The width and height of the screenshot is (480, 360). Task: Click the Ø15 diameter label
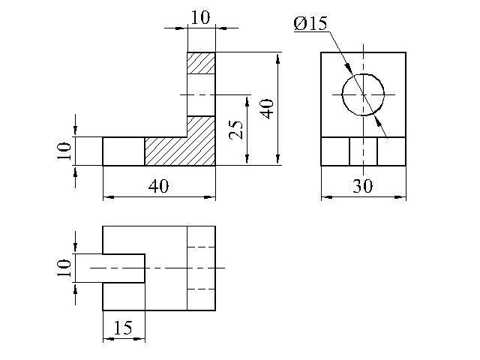pos(310,23)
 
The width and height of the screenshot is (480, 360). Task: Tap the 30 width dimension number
pos(363,185)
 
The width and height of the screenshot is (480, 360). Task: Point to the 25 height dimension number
pos(235,130)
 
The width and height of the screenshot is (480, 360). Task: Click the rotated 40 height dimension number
pos(267,109)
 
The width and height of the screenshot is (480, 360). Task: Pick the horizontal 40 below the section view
pos(158,186)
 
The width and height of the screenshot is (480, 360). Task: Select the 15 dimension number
pos(123,328)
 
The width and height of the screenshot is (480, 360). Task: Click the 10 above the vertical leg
pos(200,17)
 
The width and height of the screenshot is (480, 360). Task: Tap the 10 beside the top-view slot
pos(64,268)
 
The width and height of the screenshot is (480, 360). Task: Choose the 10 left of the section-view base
pos(64,151)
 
